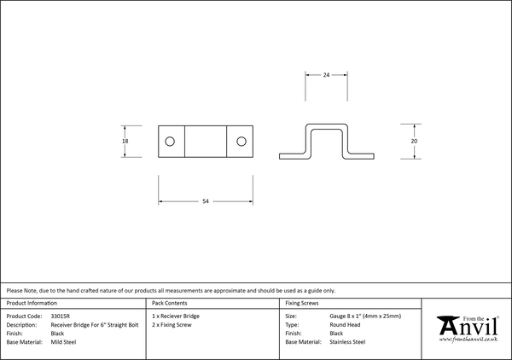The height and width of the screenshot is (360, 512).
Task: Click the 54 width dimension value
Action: pos(206,201)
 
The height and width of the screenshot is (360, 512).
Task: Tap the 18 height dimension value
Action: pos(125,142)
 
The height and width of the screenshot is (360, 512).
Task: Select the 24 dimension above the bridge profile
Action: pos(326,75)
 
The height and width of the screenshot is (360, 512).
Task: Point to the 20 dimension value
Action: pos(414,142)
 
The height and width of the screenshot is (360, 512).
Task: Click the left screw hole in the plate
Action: pos(170,142)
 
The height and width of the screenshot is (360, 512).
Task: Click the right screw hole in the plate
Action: pos(241,142)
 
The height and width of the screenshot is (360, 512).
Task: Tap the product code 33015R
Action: pos(61,316)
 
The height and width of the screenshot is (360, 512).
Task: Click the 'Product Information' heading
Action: pos(32,303)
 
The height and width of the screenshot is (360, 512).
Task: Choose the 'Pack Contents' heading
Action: pos(170,303)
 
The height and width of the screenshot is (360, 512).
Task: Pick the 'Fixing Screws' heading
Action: pos(302,303)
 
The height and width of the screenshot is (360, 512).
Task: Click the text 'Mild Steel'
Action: pos(63,342)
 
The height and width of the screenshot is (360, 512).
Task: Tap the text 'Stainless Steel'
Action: pos(347,342)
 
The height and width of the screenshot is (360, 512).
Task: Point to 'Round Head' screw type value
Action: pos(345,325)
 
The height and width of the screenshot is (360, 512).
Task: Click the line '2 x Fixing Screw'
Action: pos(172,325)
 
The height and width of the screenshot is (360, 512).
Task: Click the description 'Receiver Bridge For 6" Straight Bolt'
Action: pos(95,325)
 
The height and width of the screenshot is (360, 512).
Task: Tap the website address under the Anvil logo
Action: pos(468,340)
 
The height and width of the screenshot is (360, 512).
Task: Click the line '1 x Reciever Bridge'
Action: pos(176,316)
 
